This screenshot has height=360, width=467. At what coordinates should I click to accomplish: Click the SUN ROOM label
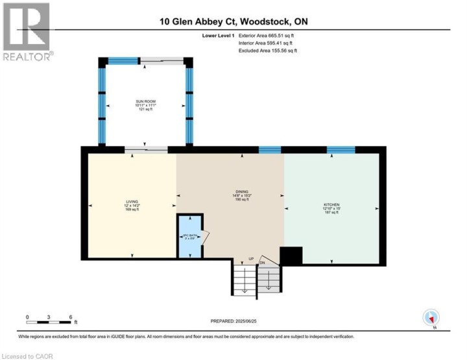[145, 102]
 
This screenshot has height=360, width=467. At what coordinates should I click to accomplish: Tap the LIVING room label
[132, 202]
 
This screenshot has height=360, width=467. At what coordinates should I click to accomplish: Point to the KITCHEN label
[331, 205]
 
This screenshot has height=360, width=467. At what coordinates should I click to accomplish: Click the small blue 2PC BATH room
[189, 237]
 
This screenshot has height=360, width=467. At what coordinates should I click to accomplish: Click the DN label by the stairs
[263, 262]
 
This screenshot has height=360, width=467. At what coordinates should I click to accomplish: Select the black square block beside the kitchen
[291, 256]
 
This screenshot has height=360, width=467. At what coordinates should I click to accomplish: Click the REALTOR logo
[26, 32]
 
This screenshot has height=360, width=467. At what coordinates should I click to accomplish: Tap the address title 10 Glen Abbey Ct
[233, 21]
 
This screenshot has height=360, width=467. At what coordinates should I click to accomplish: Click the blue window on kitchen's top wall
[340, 150]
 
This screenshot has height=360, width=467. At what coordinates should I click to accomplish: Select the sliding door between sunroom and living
[146, 149]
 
